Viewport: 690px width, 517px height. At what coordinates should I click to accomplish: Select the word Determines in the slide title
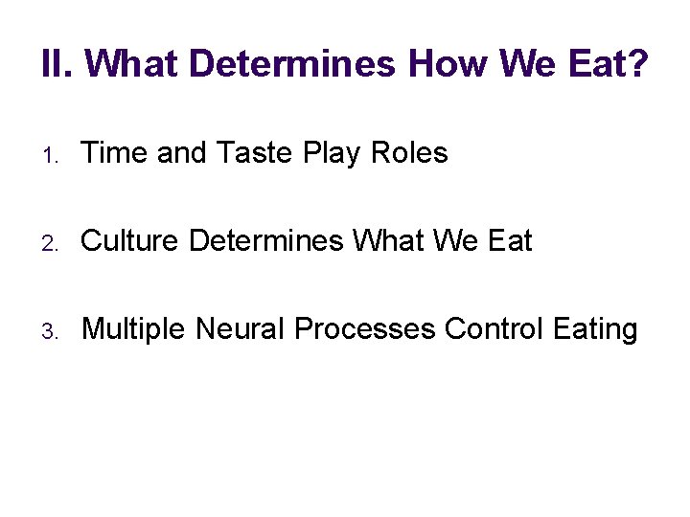point(293,65)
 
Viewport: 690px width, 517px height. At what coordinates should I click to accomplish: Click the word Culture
point(131,241)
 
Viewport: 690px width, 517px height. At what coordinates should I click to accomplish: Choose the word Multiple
point(134,329)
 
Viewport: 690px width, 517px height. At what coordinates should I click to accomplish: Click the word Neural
point(240,329)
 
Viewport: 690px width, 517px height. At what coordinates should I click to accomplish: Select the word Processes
point(365,329)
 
